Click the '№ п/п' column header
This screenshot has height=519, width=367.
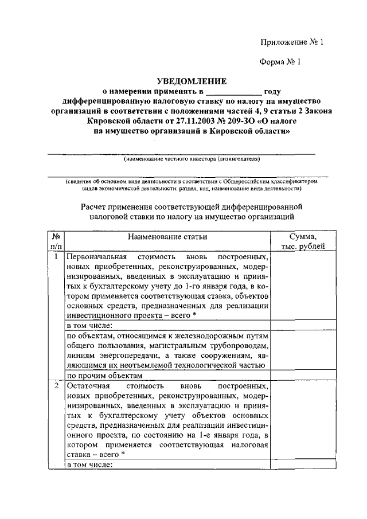click(x=56, y=241)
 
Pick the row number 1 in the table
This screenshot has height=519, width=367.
click(x=56, y=257)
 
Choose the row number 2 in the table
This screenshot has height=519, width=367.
click(x=56, y=386)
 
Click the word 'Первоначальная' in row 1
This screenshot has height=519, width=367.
click(x=96, y=257)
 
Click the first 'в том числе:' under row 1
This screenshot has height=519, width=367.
click(x=90, y=326)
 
